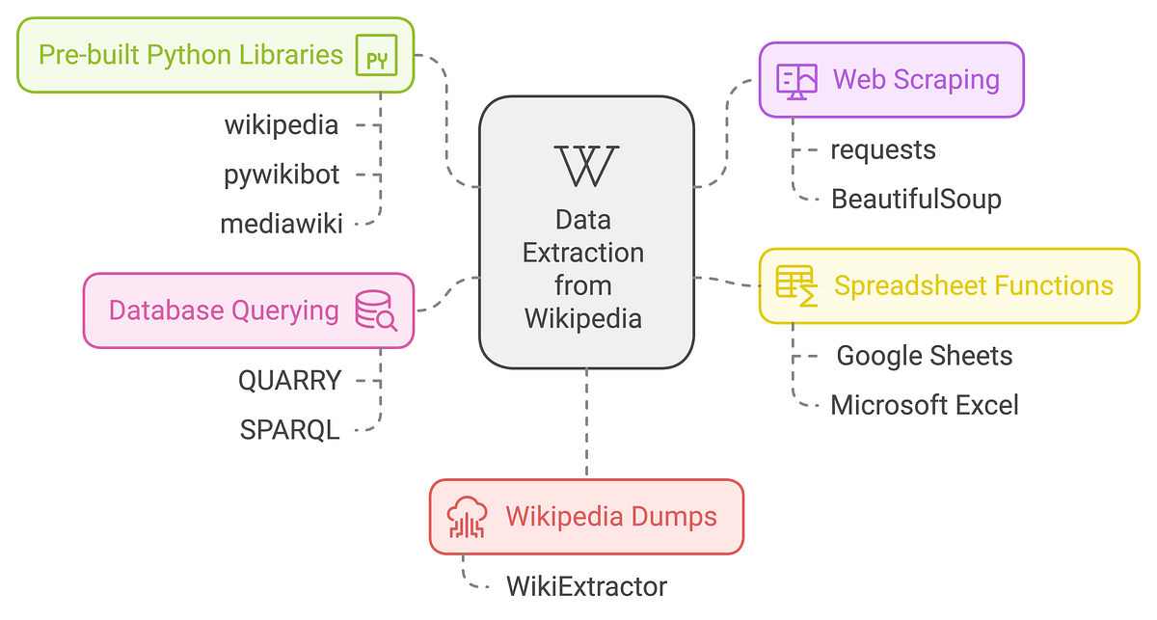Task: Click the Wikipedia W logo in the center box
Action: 586,166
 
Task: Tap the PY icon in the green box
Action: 376,55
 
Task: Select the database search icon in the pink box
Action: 376,310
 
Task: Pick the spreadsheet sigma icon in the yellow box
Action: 796,286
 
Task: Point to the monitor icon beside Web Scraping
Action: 796,79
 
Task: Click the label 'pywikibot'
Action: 282,175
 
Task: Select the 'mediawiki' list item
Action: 282,224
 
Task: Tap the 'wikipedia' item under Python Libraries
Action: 282,125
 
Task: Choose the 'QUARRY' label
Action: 290,380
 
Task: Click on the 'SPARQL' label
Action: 290,429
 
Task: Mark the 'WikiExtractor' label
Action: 586,585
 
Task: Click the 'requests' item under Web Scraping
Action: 883,149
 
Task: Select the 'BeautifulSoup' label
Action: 916,199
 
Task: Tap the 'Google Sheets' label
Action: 924,356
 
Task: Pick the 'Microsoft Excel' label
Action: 924,405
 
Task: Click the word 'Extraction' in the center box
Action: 583,253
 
